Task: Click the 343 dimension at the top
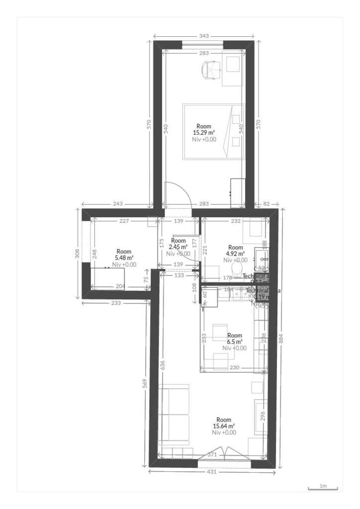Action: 204,36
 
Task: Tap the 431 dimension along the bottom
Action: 212,472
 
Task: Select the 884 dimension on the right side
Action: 282,338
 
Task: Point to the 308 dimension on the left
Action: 77,254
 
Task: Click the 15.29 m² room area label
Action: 204,133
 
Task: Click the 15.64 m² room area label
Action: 224,426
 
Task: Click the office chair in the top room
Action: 211,70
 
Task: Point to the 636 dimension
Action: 162,365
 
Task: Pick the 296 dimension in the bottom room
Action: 263,415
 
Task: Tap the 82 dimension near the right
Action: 267,204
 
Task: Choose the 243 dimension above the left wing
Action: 118,204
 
